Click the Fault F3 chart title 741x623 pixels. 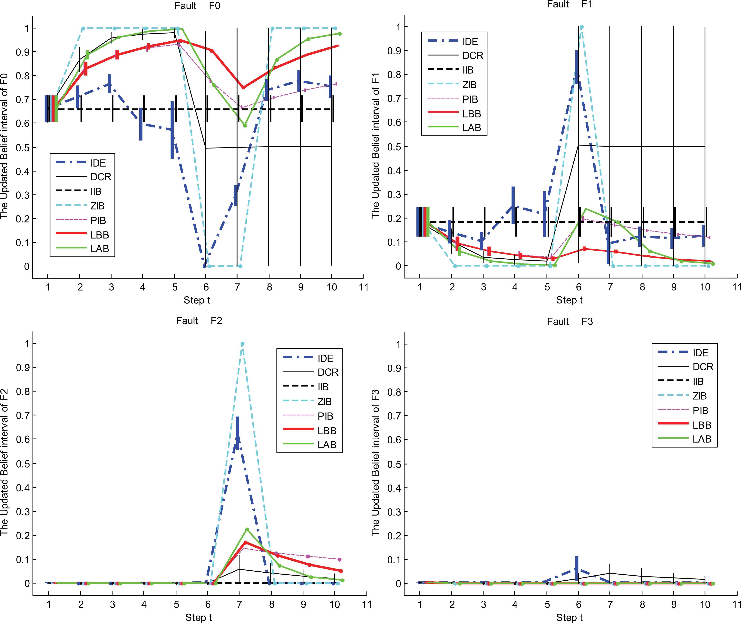(x=570, y=321)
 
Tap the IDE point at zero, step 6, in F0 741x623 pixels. (x=205, y=266)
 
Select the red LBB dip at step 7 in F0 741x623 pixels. (x=243, y=88)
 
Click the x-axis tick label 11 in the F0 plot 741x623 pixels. (x=363, y=287)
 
